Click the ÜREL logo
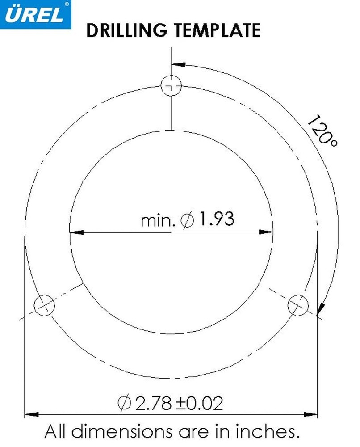[x=35, y=14]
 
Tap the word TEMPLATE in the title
[x=218, y=30]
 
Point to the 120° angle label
[x=322, y=131]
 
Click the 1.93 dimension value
[x=217, y=219]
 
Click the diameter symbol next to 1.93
[x=187, y=220]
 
